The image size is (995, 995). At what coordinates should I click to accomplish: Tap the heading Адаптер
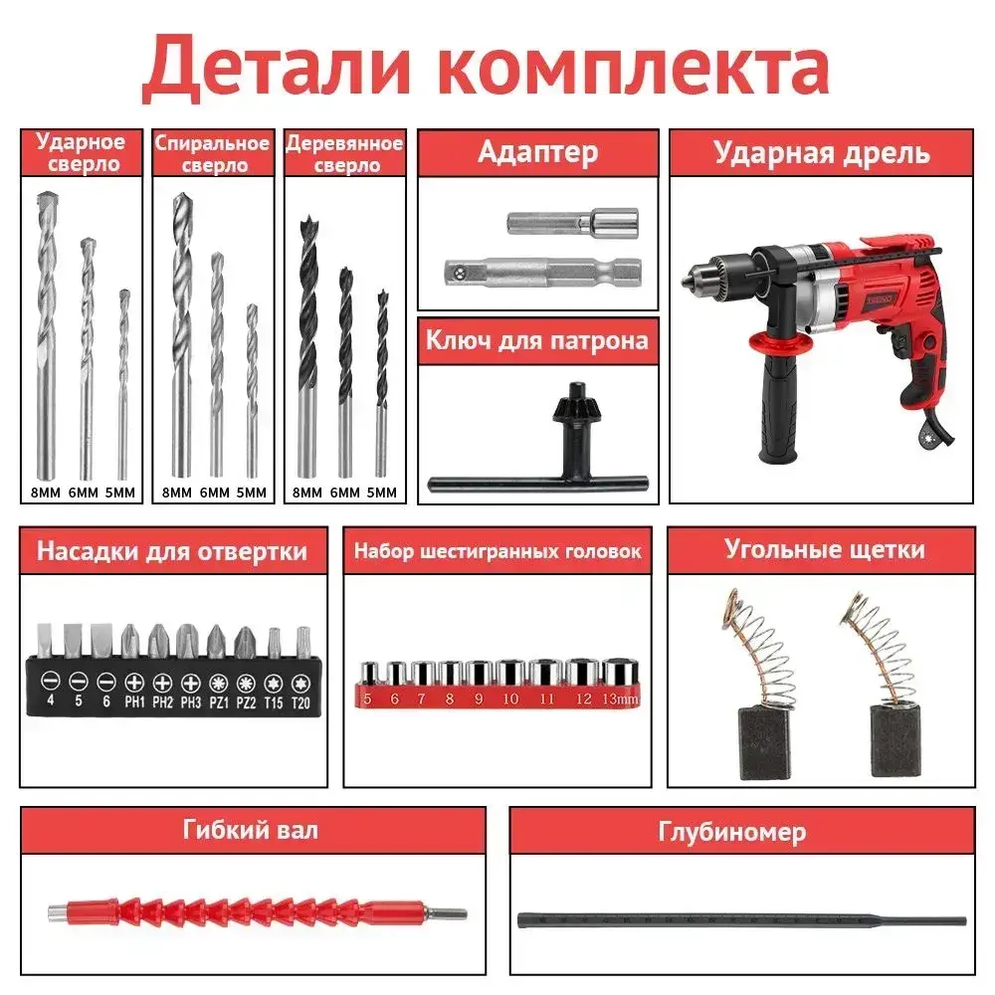[x=537, y=152]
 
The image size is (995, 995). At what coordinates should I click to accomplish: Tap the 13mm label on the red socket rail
[x=621, y=699]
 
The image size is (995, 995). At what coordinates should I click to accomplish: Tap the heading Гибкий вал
[x=250, y=829]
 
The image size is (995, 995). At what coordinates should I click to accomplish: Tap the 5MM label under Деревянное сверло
[x=381, y=492]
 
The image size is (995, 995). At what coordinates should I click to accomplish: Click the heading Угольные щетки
[x=825, y=549]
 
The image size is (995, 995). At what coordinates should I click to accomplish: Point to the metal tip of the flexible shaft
[x=454, y=912]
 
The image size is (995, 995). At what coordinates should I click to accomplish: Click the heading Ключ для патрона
[x=537, y=340]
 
